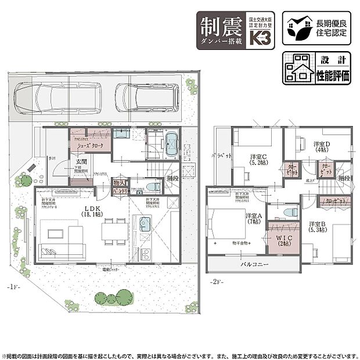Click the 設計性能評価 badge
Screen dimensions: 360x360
coord(317,68)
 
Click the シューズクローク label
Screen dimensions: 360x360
coord(92,146)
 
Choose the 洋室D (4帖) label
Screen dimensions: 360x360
coord(322,147)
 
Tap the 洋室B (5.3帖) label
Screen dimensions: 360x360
coord(319,226)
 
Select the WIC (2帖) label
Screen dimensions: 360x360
coord(285,239)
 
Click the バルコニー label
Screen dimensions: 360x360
coord(254,264)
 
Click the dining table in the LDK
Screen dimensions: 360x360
coord(114,231)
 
